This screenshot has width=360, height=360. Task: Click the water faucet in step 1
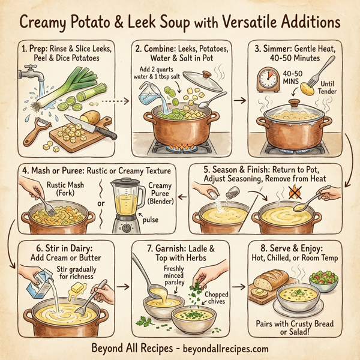(x=27, y=74)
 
